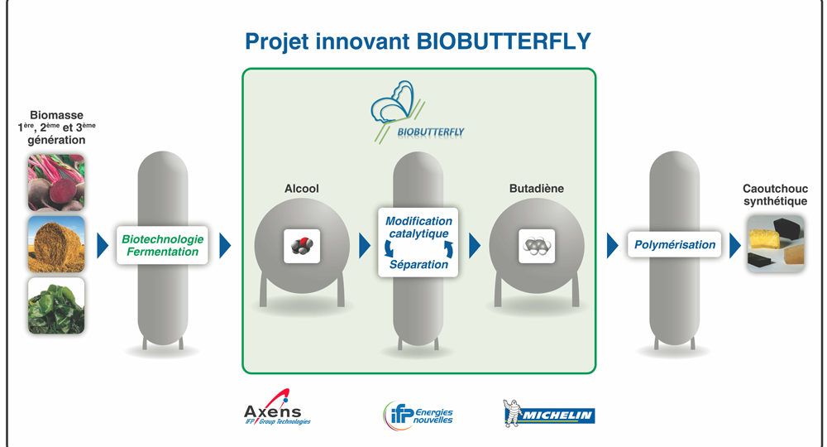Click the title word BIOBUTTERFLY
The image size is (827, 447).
click(x=504, y=41)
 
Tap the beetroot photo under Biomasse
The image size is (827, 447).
click(x=56, y=183)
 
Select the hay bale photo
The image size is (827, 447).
click(x=56, y=244)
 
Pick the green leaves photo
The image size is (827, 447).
click(x=56, y=305)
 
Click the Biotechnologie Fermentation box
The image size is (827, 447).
click(x=162, y=245)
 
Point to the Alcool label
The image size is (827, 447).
click(x=302, y=189)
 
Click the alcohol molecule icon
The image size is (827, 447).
click(x=302, y=246)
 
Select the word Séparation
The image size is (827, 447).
click(x=418, y=264)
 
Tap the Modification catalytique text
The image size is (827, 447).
click(x=418, y=228)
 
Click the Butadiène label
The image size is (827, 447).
click(x=537, y=189)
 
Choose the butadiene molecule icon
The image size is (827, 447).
click(x=537, y=246)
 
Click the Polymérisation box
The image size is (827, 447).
click(x=675, y=245)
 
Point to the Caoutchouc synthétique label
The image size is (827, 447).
click(x=776, y=195)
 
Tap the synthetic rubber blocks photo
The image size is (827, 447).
click(x=776, y=244)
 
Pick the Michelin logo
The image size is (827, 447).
click(x=548, y=413)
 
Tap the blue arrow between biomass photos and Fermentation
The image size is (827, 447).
click(x=103, y=245)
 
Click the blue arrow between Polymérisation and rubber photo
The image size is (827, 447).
click(x=734, y=245)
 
